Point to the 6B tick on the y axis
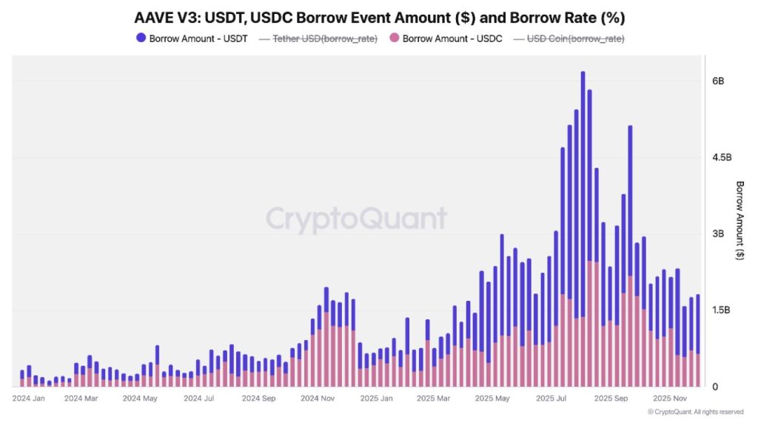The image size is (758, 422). [717, 81]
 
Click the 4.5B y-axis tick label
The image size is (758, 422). [721, 157]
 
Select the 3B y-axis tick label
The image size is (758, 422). [717, 234]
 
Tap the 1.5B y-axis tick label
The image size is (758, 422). [721, 310]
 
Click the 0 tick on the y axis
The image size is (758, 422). [714, 387]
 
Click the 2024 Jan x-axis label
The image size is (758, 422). [29, 398]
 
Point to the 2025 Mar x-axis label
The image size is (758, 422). [433, 398]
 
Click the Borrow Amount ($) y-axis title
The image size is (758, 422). [739, 219]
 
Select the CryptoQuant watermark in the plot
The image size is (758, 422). [356, 219]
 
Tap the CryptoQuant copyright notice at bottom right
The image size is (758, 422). [695, 412]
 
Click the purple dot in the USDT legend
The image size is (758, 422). [141, 38]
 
